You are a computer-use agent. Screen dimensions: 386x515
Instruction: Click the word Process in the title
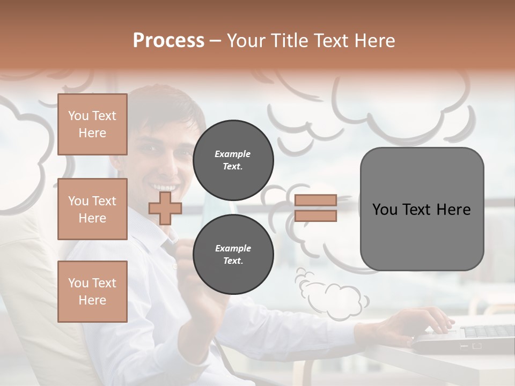click(168, 41)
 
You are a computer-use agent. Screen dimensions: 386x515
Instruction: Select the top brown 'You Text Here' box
click(92, 124)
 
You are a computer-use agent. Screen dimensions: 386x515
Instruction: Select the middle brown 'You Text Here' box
click(92, 209)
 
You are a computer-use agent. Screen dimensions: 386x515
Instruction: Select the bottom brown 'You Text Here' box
click(92, 291)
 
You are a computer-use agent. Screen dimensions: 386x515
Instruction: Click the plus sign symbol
click(165, 208)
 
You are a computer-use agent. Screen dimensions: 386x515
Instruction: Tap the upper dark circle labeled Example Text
click(233, 160)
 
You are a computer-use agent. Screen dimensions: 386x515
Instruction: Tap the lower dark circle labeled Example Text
click(233, 254)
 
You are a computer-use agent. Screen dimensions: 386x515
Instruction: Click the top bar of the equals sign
click(315, 200)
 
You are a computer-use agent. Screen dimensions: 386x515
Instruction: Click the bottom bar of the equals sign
click(315, 216)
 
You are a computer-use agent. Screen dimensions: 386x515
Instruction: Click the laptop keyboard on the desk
click(483, 332)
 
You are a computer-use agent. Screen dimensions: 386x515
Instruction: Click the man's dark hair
click(161, 105)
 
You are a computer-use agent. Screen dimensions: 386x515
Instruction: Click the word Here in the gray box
click(454, 209)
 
